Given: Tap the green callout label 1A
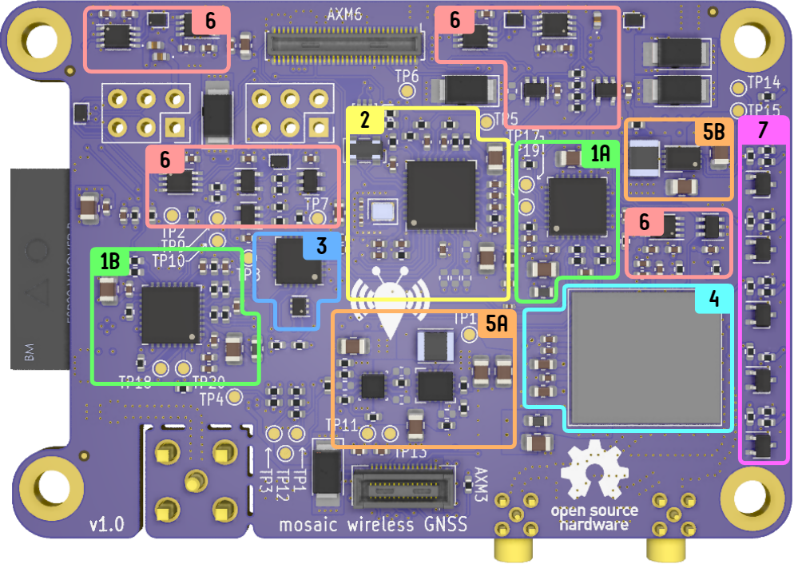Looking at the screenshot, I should coord(600,154).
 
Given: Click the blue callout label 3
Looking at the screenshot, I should coord(321,246).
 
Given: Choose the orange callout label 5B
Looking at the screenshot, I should coord(713,132).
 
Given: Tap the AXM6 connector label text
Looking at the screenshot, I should coord(345,14).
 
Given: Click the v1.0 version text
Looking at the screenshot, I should coord(106,525).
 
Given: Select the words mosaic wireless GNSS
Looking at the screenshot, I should coord(372,525).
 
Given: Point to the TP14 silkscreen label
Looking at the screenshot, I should coord(764,82).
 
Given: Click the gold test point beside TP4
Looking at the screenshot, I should coord(234,396).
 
